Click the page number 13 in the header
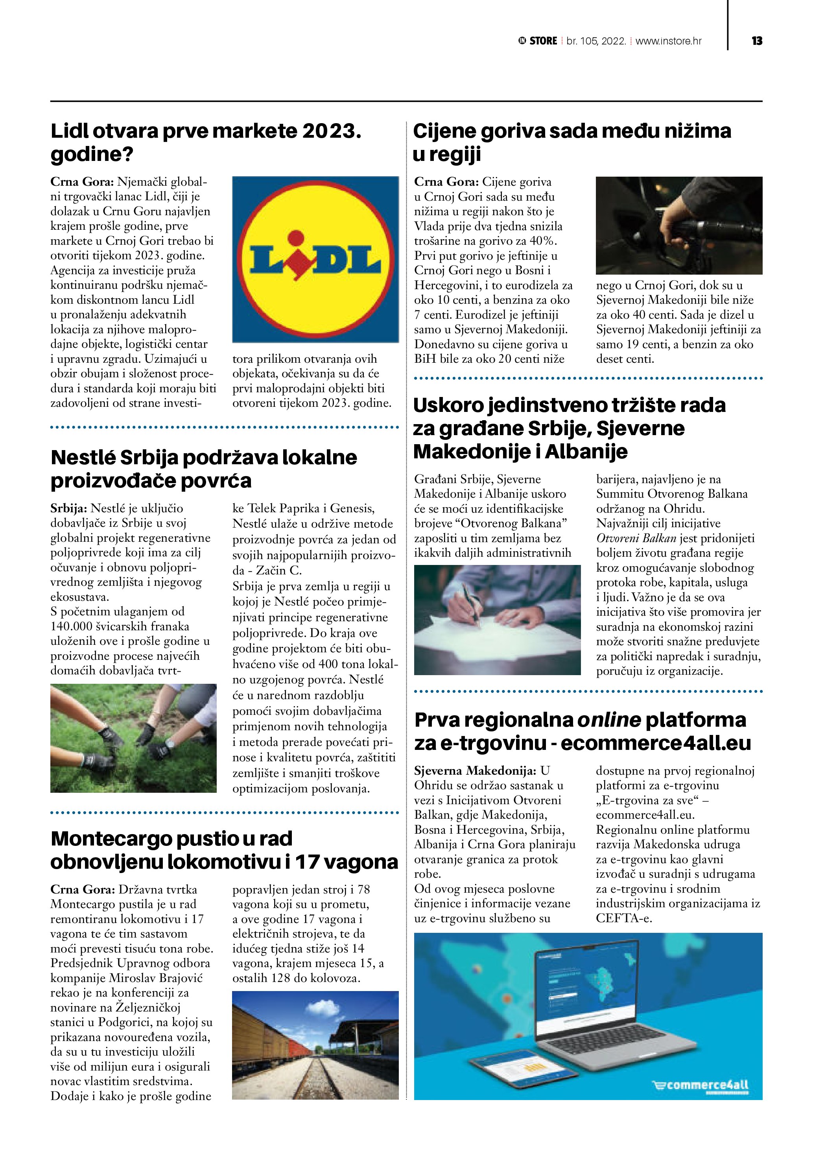(x=756, y=41)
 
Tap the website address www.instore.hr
(x=668, y=41)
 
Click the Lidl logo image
(x=315, y=259)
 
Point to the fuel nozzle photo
(x=679, y=225)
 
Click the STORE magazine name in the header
(x=543, y=41)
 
